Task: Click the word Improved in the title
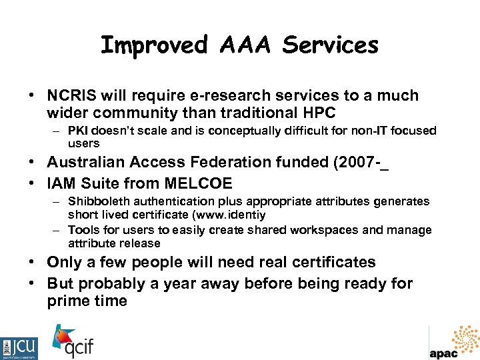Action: (154, 45)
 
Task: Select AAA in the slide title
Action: (245, 45)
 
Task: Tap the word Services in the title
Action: (330, 45)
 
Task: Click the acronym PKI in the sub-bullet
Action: (77, 131)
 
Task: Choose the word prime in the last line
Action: (65, 301)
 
